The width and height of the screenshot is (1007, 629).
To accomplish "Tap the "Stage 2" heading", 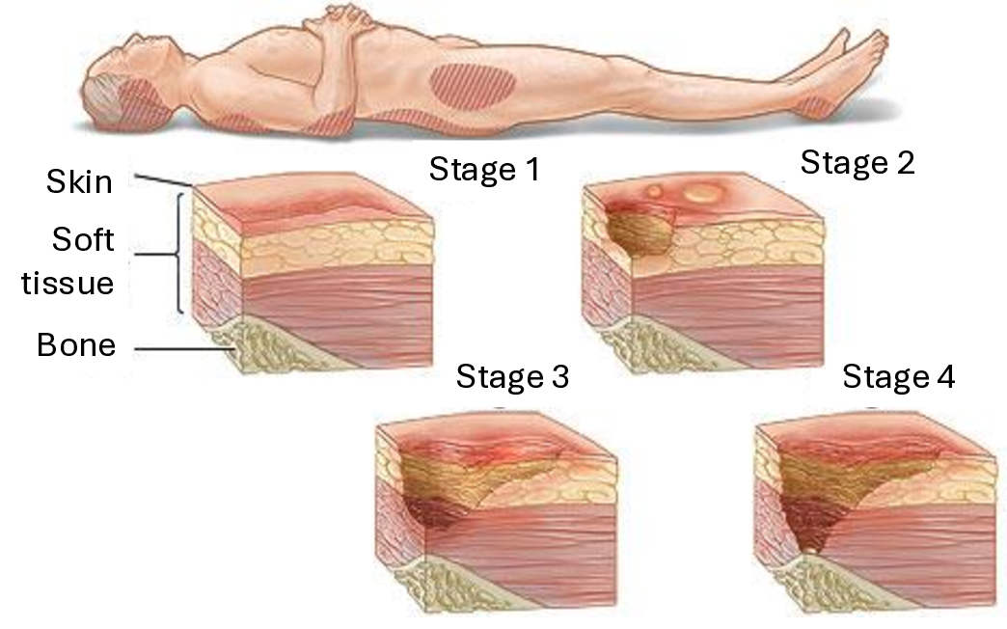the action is (x=857, y=163).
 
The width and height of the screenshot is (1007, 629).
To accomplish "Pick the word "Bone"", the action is (x=76, y=344).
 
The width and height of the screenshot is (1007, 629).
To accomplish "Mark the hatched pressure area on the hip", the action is (x=472, y=86).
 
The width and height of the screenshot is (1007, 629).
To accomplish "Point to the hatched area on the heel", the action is (x=821, y=105).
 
